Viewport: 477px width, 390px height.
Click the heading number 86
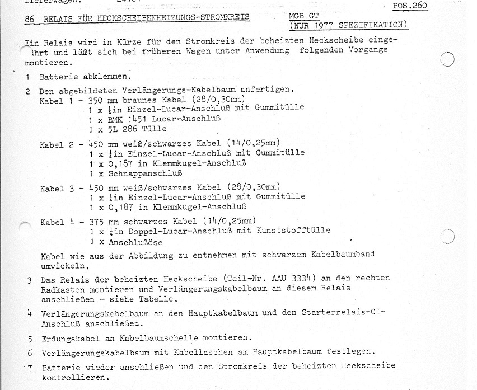[x=30, y=19]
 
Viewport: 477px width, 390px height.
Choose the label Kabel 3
[x=57, y=188]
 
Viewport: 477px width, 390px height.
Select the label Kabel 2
[x=57, y=145]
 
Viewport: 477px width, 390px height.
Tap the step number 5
[x=30, y=339]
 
